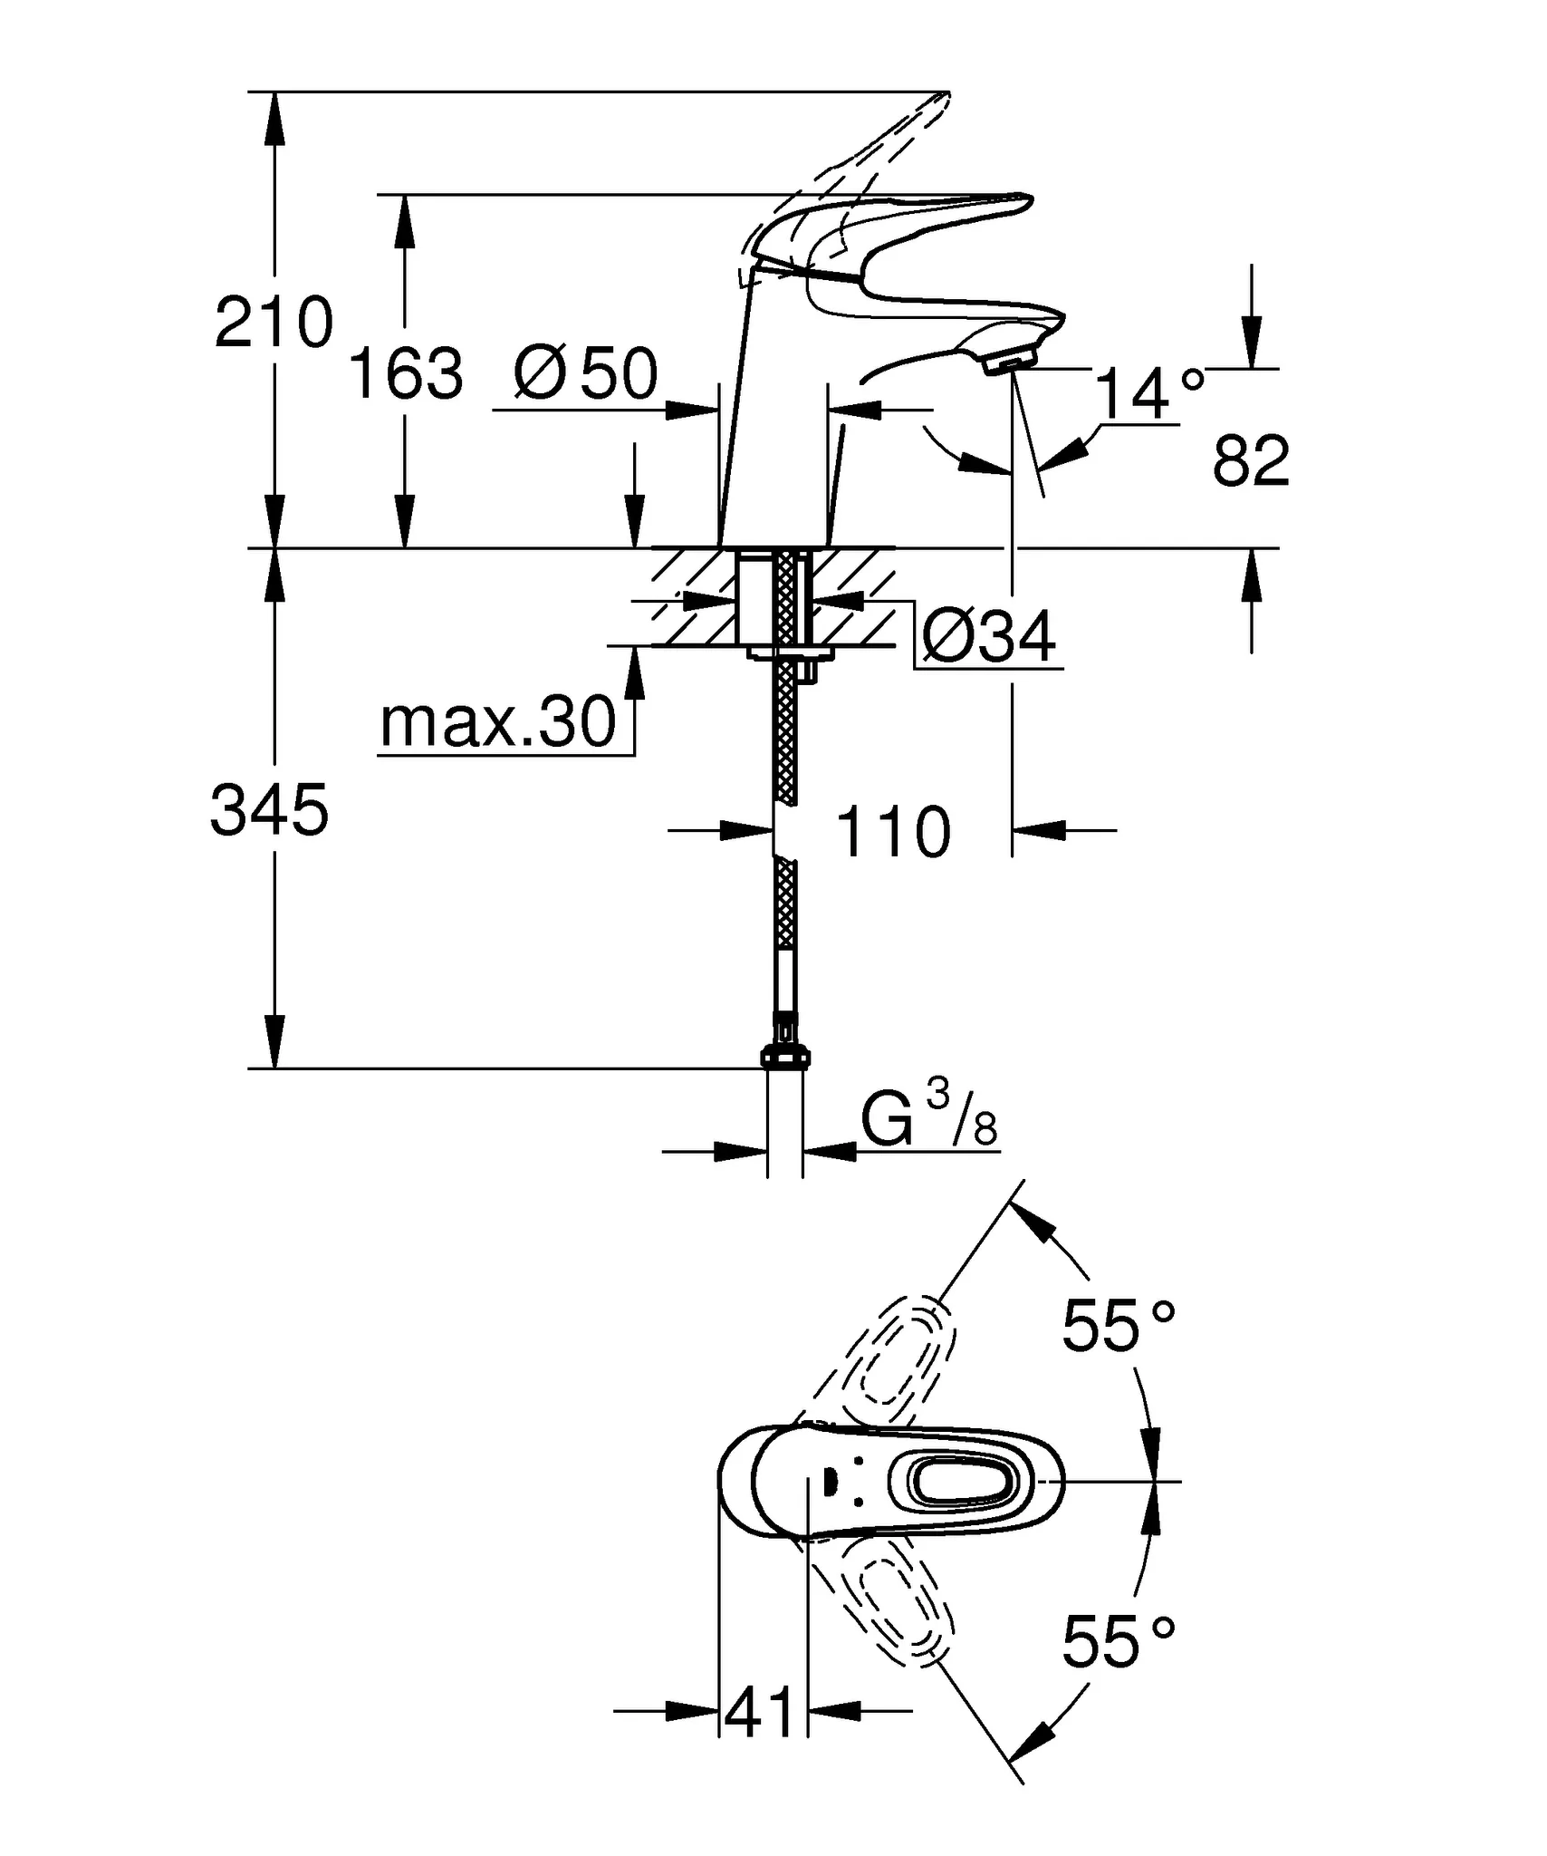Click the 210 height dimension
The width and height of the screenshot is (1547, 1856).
(274, 324)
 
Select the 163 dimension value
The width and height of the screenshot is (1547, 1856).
(406, 373)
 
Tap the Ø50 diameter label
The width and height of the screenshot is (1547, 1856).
(586, 373)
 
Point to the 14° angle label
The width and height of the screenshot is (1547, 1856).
(1148, 394)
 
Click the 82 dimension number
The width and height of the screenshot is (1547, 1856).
(1250, 461)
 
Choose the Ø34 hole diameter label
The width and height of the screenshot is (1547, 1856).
(989, 637)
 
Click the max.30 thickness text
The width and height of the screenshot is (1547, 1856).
(497, 723)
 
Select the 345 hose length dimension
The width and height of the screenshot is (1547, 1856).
(269, 810)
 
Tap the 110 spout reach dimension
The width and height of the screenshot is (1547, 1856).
(893, 832)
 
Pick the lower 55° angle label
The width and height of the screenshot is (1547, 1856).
(1118, 1642)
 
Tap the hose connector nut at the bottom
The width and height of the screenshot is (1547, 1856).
(785, 1057)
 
